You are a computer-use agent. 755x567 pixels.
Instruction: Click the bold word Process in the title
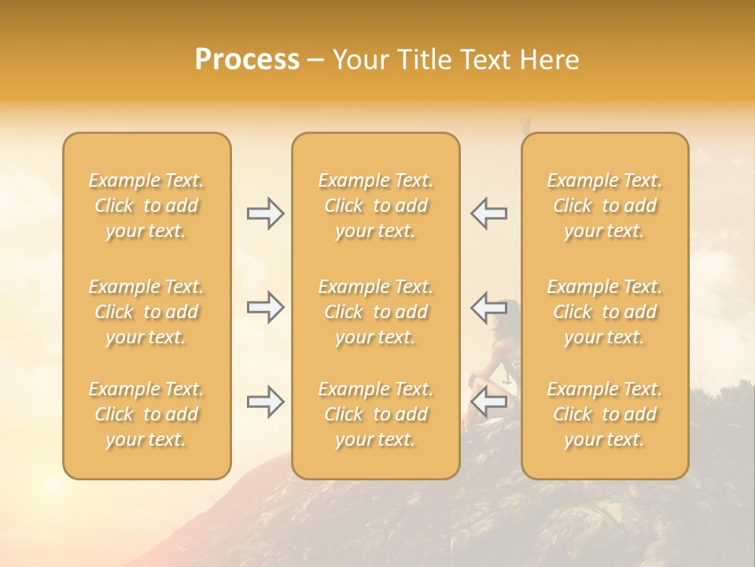247,60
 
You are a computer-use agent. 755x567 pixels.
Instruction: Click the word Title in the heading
423,60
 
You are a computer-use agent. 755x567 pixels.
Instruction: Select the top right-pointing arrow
265,213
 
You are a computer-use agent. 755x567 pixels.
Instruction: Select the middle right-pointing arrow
265,307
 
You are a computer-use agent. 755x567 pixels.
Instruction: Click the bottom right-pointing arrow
265,402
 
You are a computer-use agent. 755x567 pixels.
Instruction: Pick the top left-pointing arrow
489,213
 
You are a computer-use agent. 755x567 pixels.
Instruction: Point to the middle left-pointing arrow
489,307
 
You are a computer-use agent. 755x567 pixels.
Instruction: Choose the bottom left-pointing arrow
489,402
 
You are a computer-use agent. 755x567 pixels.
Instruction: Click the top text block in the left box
146,206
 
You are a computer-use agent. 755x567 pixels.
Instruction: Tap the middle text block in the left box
146,312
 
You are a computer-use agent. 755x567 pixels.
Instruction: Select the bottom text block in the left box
146,414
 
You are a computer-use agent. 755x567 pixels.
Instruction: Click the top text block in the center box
375,206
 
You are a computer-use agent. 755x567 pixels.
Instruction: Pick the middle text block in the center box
375,312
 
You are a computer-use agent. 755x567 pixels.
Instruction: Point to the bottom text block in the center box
375,414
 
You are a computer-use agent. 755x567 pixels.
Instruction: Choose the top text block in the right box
604,206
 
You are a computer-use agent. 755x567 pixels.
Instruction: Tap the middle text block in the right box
604,312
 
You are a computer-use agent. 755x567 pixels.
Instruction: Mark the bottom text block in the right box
604,414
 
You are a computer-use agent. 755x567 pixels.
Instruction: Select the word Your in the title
360,60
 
